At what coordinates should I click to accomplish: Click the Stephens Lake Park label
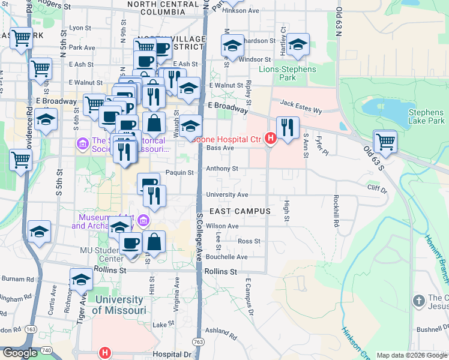point(426,116)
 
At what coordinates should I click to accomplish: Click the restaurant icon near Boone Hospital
point(288,127)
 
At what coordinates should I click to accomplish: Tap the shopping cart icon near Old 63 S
point(385,142)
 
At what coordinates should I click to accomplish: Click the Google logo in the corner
point(20,353)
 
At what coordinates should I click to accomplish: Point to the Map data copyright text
point(412,355)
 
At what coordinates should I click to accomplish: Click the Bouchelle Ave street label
point(226,257)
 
